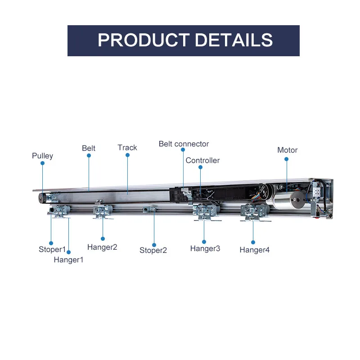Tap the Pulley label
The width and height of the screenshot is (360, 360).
click(x=42, y=156)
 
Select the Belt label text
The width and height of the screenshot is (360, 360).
click(x=89, y=148)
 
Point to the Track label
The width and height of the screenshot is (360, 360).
click(x=127, y=148)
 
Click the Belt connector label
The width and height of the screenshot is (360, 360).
click(x=184, y=144)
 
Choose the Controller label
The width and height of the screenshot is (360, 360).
click(x=202, y=160)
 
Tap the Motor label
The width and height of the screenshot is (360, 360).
click(x=287, y=150)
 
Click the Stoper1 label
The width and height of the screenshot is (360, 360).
click(x=52, y=249)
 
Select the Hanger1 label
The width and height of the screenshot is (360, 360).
click(x=68, y=259)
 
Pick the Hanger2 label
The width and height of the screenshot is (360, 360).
click(x=102, y=247)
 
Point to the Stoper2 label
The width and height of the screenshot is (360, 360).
click(x=153, y=250)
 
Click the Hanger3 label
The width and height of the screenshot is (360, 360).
click(x=205, y=248)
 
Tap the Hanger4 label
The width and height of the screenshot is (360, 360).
click(x=254, y=250)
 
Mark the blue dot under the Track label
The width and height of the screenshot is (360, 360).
click(x=127, y=155)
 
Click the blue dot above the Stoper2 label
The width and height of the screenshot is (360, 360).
click(x=154, y=245)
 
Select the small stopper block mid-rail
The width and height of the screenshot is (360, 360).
click(x=150, y=209)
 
